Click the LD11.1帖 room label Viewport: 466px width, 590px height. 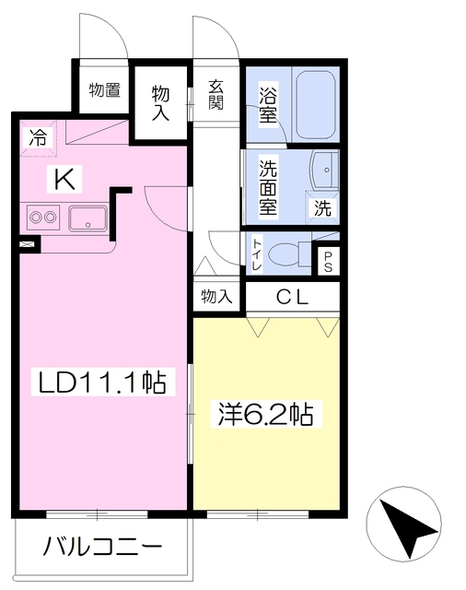[102, 382]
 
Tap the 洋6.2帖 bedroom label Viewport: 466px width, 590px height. [266, 414]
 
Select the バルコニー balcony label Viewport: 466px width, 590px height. [102, 546]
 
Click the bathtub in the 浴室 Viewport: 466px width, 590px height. [316, 104]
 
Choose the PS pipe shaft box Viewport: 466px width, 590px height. [328, 261]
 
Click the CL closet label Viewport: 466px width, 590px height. [292, 297]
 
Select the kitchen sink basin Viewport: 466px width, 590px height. [87, 218]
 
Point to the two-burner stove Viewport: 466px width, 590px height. [43, 218]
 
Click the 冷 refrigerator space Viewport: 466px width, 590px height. [39, 137]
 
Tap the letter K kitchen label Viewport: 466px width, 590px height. [64, 180]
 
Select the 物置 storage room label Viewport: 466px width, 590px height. [104, 90]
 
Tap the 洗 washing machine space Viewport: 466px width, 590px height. [323, 207]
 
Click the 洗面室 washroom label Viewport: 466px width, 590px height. [268, 186]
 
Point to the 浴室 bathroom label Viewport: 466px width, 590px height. [268, 102]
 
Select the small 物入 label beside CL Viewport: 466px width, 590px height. [216, 296]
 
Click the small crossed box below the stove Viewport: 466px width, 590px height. [29, 244]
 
